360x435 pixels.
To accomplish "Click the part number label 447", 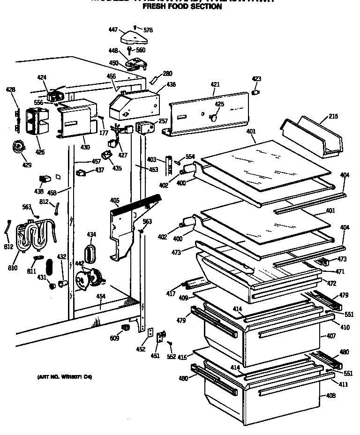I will (112, 29).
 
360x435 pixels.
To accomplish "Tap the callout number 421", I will (215, 84).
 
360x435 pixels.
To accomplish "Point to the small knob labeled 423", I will (256, 92).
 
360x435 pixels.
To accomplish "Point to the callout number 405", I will (115, 201).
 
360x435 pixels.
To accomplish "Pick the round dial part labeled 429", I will (18, 148).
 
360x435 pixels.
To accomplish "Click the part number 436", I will (171, 84).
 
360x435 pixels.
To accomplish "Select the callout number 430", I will (84, 147).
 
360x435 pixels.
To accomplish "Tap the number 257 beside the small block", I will (163, 121).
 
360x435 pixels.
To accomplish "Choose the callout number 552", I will (172, 357).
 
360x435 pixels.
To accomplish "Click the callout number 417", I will (171, 294).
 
